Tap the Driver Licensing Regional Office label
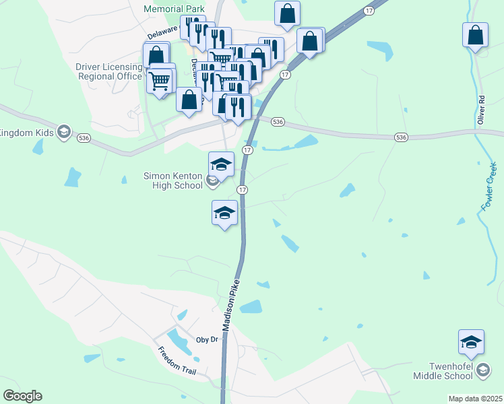pyautogui.click(x=109, y=71)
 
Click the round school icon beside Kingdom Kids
pyautogui.click(x=64, y=131)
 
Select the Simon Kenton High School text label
pyautogui.click(x=173, y=180)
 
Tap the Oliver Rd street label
pyautogui.click(x=481, y=109)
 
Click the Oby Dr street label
pyautogui.click(x=207, y=339)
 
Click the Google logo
pyautogui.click(x=22, y=396)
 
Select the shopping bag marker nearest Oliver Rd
pyautogui.click(x=475, y=35)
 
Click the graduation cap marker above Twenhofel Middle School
pyautogui.click(x=471, y=342)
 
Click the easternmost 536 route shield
pyautogui.click(x=401, y=137)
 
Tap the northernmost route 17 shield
pyautogui.click(x=368, y=11)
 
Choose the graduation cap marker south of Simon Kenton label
pyautogui.click(x=224, y=213)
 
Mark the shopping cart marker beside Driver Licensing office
pyautogui.click(x=159, y=81)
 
